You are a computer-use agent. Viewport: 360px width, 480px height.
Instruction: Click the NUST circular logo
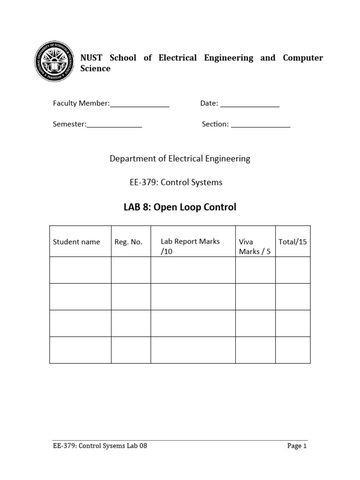(x=54, y=63)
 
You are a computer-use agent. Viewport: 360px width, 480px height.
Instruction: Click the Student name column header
(x=76, y=242)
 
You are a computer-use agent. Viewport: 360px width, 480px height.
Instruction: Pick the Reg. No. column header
(x=128, y=242)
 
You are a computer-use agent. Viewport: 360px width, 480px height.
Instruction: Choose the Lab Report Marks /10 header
(x=190, y=246)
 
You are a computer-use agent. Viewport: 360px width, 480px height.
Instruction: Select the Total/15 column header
(x=292, y=242)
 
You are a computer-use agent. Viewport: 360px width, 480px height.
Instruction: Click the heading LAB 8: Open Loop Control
(x=180, y=207)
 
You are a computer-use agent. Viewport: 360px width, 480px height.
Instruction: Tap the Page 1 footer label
(x=297, y=446)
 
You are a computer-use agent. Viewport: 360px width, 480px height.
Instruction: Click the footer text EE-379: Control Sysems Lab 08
(x=100, y=446)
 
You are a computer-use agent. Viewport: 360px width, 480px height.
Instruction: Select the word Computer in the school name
(x=303, y=58)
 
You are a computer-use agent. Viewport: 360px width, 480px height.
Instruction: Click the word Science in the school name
(x=96, y=68)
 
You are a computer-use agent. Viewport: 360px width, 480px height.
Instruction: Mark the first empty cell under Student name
(x=80, y=270)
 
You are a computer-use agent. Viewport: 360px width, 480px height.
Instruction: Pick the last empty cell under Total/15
(x=292, y=350)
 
